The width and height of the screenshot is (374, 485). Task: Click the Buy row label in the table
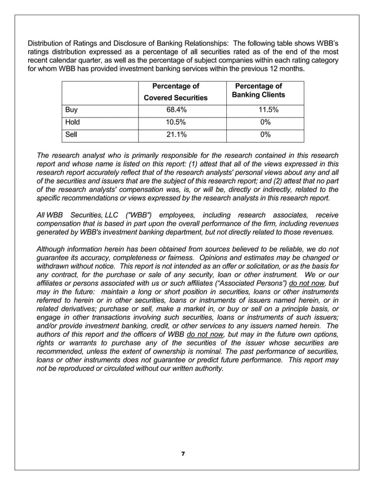72,110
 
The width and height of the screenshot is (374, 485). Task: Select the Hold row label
73,122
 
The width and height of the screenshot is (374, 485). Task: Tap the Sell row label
72,135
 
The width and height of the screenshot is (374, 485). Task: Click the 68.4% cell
175,110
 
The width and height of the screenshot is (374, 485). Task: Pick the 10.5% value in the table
175,122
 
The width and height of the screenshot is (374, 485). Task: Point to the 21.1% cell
175,135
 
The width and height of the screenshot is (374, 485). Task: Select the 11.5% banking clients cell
265,110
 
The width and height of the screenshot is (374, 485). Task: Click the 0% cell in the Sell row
265,135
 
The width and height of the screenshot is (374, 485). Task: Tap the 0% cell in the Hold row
265,122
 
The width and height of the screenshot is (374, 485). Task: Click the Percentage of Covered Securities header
175,92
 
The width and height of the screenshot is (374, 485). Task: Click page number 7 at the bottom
183,454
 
